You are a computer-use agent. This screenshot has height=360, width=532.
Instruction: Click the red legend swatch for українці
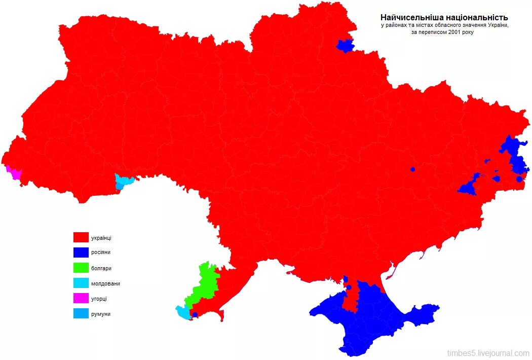[x=81, y=237]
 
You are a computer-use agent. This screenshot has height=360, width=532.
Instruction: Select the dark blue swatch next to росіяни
[x=81, y=252]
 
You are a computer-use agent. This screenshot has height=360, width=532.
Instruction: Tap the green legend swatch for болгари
[x=81, y=268]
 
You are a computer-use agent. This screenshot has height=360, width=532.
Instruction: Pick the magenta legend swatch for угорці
[x=81, y=299]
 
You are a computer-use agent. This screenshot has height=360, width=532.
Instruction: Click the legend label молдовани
[x=105, y=283]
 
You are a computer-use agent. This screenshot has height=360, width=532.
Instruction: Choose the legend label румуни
[x=100, y=314]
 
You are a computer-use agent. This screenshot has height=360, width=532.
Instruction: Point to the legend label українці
[x=101, y=237]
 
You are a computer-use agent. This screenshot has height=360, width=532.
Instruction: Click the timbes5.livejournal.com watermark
[x=488, y=353]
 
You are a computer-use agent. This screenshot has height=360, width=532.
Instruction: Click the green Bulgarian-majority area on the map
[x=205, y=284]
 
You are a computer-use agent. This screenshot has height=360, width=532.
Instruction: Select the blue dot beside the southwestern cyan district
[x=195, y=315]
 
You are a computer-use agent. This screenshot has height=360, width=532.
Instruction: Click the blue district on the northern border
[x=345, y=46]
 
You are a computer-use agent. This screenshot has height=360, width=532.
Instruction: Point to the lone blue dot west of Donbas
[x=412, y=169]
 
